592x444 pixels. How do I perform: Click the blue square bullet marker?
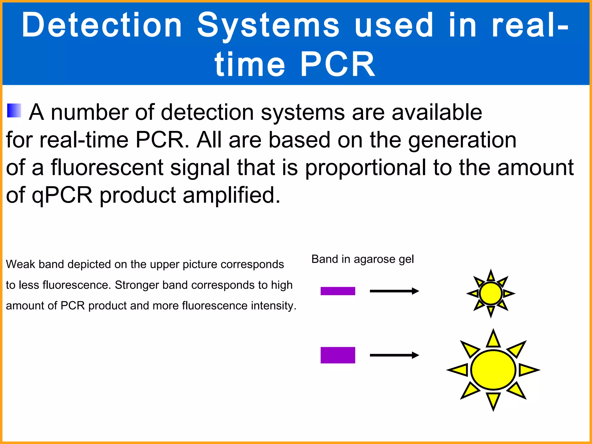coord(14,111)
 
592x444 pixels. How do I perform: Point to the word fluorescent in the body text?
coord(107,168)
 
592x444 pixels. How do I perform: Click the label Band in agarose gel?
coord(362,259)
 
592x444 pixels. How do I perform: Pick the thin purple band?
coord(338,291)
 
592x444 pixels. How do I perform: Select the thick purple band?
coord(338,355)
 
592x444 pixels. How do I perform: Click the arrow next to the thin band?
coord(394,291)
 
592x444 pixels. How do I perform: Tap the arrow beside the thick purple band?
coord(394,355)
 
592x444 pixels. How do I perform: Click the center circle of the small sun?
coord(491,293)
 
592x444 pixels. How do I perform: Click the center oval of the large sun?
coord(493,370)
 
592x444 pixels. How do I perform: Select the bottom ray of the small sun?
coord(491,311)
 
